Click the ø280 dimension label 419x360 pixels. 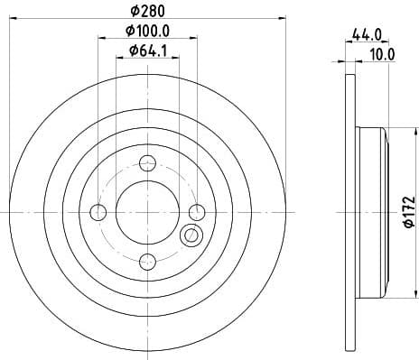click(x=147, y=11)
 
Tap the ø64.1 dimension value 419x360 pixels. click(x=147, y=51)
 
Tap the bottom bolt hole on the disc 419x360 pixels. click(x=148, y=262)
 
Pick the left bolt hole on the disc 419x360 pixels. click(x=99, y=212)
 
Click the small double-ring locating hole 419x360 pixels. click(x=191, y=236)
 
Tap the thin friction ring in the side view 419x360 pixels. click(x=349, y=108)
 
